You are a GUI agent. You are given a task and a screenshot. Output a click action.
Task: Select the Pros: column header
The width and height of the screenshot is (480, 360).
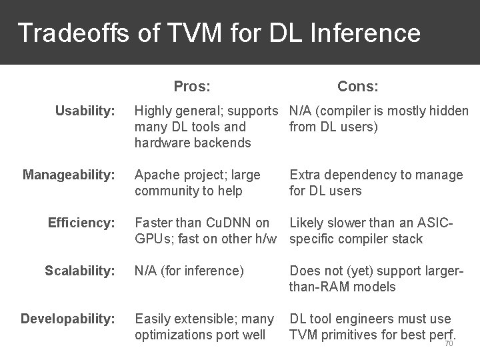[x=192, y=86]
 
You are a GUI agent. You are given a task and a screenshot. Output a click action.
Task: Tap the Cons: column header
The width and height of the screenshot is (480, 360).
[x=358, y=86]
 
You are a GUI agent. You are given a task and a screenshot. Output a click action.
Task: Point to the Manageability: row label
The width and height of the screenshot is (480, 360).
[x=69, y=175]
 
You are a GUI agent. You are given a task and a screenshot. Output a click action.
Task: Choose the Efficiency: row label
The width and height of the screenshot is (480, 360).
[x=82, y=223]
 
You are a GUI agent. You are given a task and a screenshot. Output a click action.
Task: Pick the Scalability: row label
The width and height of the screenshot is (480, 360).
[x=80, y=271]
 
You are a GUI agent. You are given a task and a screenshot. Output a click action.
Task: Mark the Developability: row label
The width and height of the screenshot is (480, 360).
[x=68, y=319]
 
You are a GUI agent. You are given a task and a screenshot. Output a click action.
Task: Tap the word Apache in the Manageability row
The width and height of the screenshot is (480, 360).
[x=157, y=175]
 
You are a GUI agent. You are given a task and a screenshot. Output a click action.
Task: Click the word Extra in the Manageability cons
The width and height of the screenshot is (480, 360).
[x=305, y=175]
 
